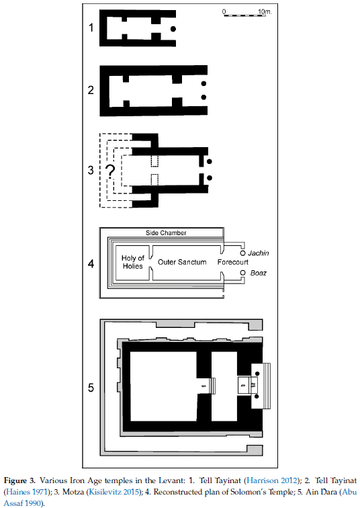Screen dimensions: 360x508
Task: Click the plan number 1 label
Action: click(x=91, y=28)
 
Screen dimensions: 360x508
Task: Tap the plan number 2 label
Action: click(x=91, y=90)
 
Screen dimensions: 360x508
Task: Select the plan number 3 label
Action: click(x=91, y=170)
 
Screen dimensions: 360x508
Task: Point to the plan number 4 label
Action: click(x=91, y=263)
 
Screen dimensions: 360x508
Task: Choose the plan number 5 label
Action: click(x=91, y=388)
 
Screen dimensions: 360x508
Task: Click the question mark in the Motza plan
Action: click(x=111, y=172)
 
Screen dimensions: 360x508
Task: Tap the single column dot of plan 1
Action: click(x=173, y=29)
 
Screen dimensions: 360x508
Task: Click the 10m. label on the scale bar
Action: click(x=265, y=11)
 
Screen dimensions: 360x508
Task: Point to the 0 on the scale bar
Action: click(x=224, y=11)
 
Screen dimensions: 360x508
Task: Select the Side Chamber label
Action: click(x=166, y=232)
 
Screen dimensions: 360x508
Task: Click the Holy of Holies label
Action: click(x=132, y=262)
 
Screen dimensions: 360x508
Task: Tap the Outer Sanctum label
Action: click(x=182, y=262)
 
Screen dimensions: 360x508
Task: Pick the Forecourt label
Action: click(x=233, y=262)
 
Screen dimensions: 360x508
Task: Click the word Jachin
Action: click(x=259, y=253)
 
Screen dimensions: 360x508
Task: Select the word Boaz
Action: click(x=259, y=273)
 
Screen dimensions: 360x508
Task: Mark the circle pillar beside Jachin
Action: click(x=243, y=253)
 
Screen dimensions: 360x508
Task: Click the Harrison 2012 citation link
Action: click(x=271, y=480)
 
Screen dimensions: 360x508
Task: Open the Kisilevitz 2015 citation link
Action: click(x=114, y=492)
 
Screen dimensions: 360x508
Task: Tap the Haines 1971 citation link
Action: click(x=27, y=492)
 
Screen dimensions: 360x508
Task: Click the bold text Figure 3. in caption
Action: click(x=19, y=480)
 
